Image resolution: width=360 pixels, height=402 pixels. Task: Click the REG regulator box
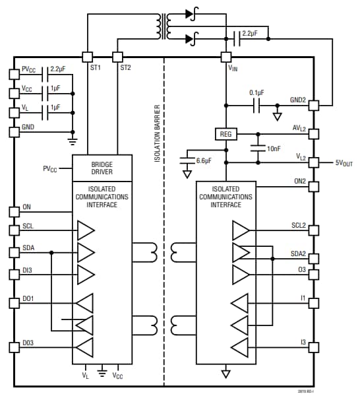point(225,134)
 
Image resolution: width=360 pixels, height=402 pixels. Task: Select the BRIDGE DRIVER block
point(102,168)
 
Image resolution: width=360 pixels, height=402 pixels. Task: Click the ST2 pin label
point(125,67)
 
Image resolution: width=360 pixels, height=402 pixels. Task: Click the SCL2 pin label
point(297,226)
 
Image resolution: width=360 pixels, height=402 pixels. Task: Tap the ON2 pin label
point(299,180)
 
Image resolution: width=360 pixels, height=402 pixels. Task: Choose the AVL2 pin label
point(299,130)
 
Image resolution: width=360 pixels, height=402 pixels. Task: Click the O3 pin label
point(302,269)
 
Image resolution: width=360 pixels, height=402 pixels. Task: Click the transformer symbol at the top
point(162,26)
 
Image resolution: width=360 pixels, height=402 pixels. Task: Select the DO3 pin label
point(29,343)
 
